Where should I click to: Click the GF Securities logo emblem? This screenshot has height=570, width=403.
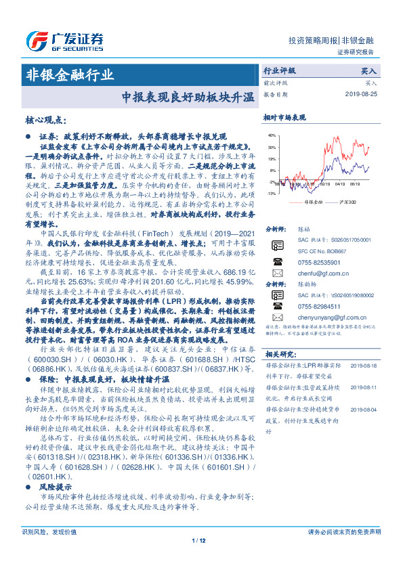[x=33, y=40]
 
